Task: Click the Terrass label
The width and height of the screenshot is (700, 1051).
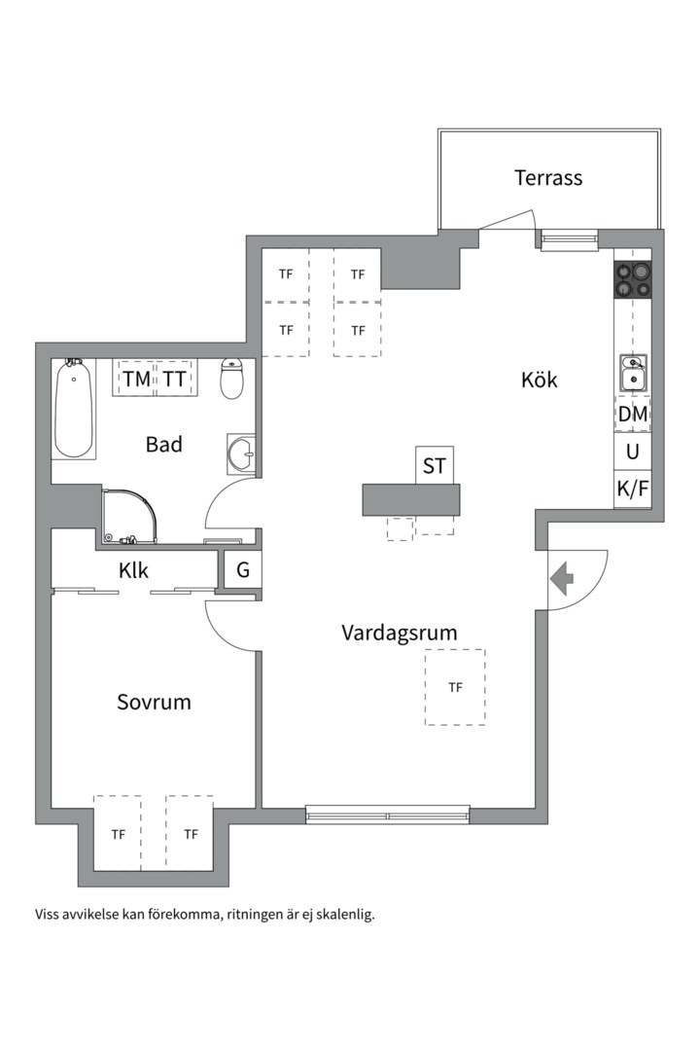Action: pos(548,178)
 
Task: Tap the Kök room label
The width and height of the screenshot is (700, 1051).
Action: pos(540,380)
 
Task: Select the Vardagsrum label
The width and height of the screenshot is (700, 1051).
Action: pos(400,633)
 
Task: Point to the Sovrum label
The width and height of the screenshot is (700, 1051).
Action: pos(154,702)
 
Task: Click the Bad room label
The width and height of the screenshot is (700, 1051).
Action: pos(164,445)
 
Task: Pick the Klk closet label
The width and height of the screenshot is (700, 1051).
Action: pos(133,571)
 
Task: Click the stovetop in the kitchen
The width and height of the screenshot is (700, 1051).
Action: pos(632,279)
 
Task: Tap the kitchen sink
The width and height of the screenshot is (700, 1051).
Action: pos(633,374)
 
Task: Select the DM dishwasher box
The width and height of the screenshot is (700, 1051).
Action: pos(633,414)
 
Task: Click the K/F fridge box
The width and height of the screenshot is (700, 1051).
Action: pos(633,489)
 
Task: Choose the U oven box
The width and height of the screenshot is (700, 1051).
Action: pos(633,452)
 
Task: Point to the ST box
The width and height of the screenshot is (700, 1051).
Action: pos(434,465)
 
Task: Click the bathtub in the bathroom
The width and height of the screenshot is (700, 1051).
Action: pos(74,409)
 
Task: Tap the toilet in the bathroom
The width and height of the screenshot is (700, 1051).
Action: pos(231,379)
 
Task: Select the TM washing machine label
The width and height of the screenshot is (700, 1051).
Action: pos(137,380)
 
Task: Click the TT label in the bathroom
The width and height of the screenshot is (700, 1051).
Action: pos(174,380)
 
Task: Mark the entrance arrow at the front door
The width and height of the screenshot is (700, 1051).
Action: pos(561,577)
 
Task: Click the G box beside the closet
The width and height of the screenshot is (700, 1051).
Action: pos(242,569)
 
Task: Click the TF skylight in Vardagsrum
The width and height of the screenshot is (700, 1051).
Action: pos(455,687)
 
